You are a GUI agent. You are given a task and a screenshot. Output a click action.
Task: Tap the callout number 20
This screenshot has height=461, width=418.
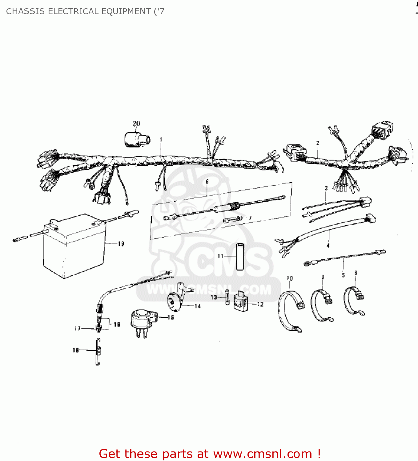[x=136, y=124]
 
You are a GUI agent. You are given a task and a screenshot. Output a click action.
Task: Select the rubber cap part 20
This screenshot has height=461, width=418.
[x=136, y=140]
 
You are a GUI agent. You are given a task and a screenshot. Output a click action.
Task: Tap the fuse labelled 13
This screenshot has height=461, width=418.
[x=227, y=297]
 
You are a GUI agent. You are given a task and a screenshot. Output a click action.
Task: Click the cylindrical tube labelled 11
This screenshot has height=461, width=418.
[x=240, y=256]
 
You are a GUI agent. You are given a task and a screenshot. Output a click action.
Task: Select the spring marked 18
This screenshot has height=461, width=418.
[x=98, y=352]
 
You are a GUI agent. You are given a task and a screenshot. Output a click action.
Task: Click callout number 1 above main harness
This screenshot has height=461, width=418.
[x=161, y=140]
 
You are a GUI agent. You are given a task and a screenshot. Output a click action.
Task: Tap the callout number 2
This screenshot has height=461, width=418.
[x=318, y=143]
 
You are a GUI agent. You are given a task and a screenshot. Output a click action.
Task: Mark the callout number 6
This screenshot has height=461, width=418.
[x=207, y=182]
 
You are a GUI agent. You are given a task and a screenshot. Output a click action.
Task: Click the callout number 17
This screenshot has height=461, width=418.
[x=77, y=328]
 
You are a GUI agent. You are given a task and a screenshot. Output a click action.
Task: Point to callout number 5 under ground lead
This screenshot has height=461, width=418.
[x=343, y=275]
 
